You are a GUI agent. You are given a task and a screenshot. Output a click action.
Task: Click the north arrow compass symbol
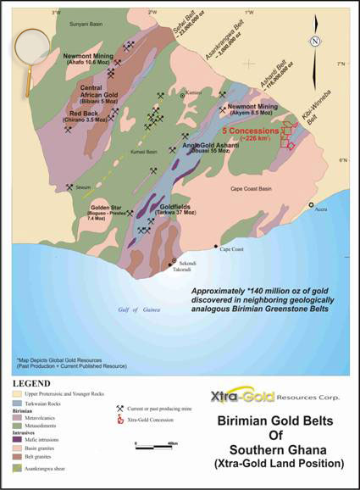[x=314, y=42]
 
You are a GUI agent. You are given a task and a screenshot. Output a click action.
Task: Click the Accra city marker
[x=311, y=206]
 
